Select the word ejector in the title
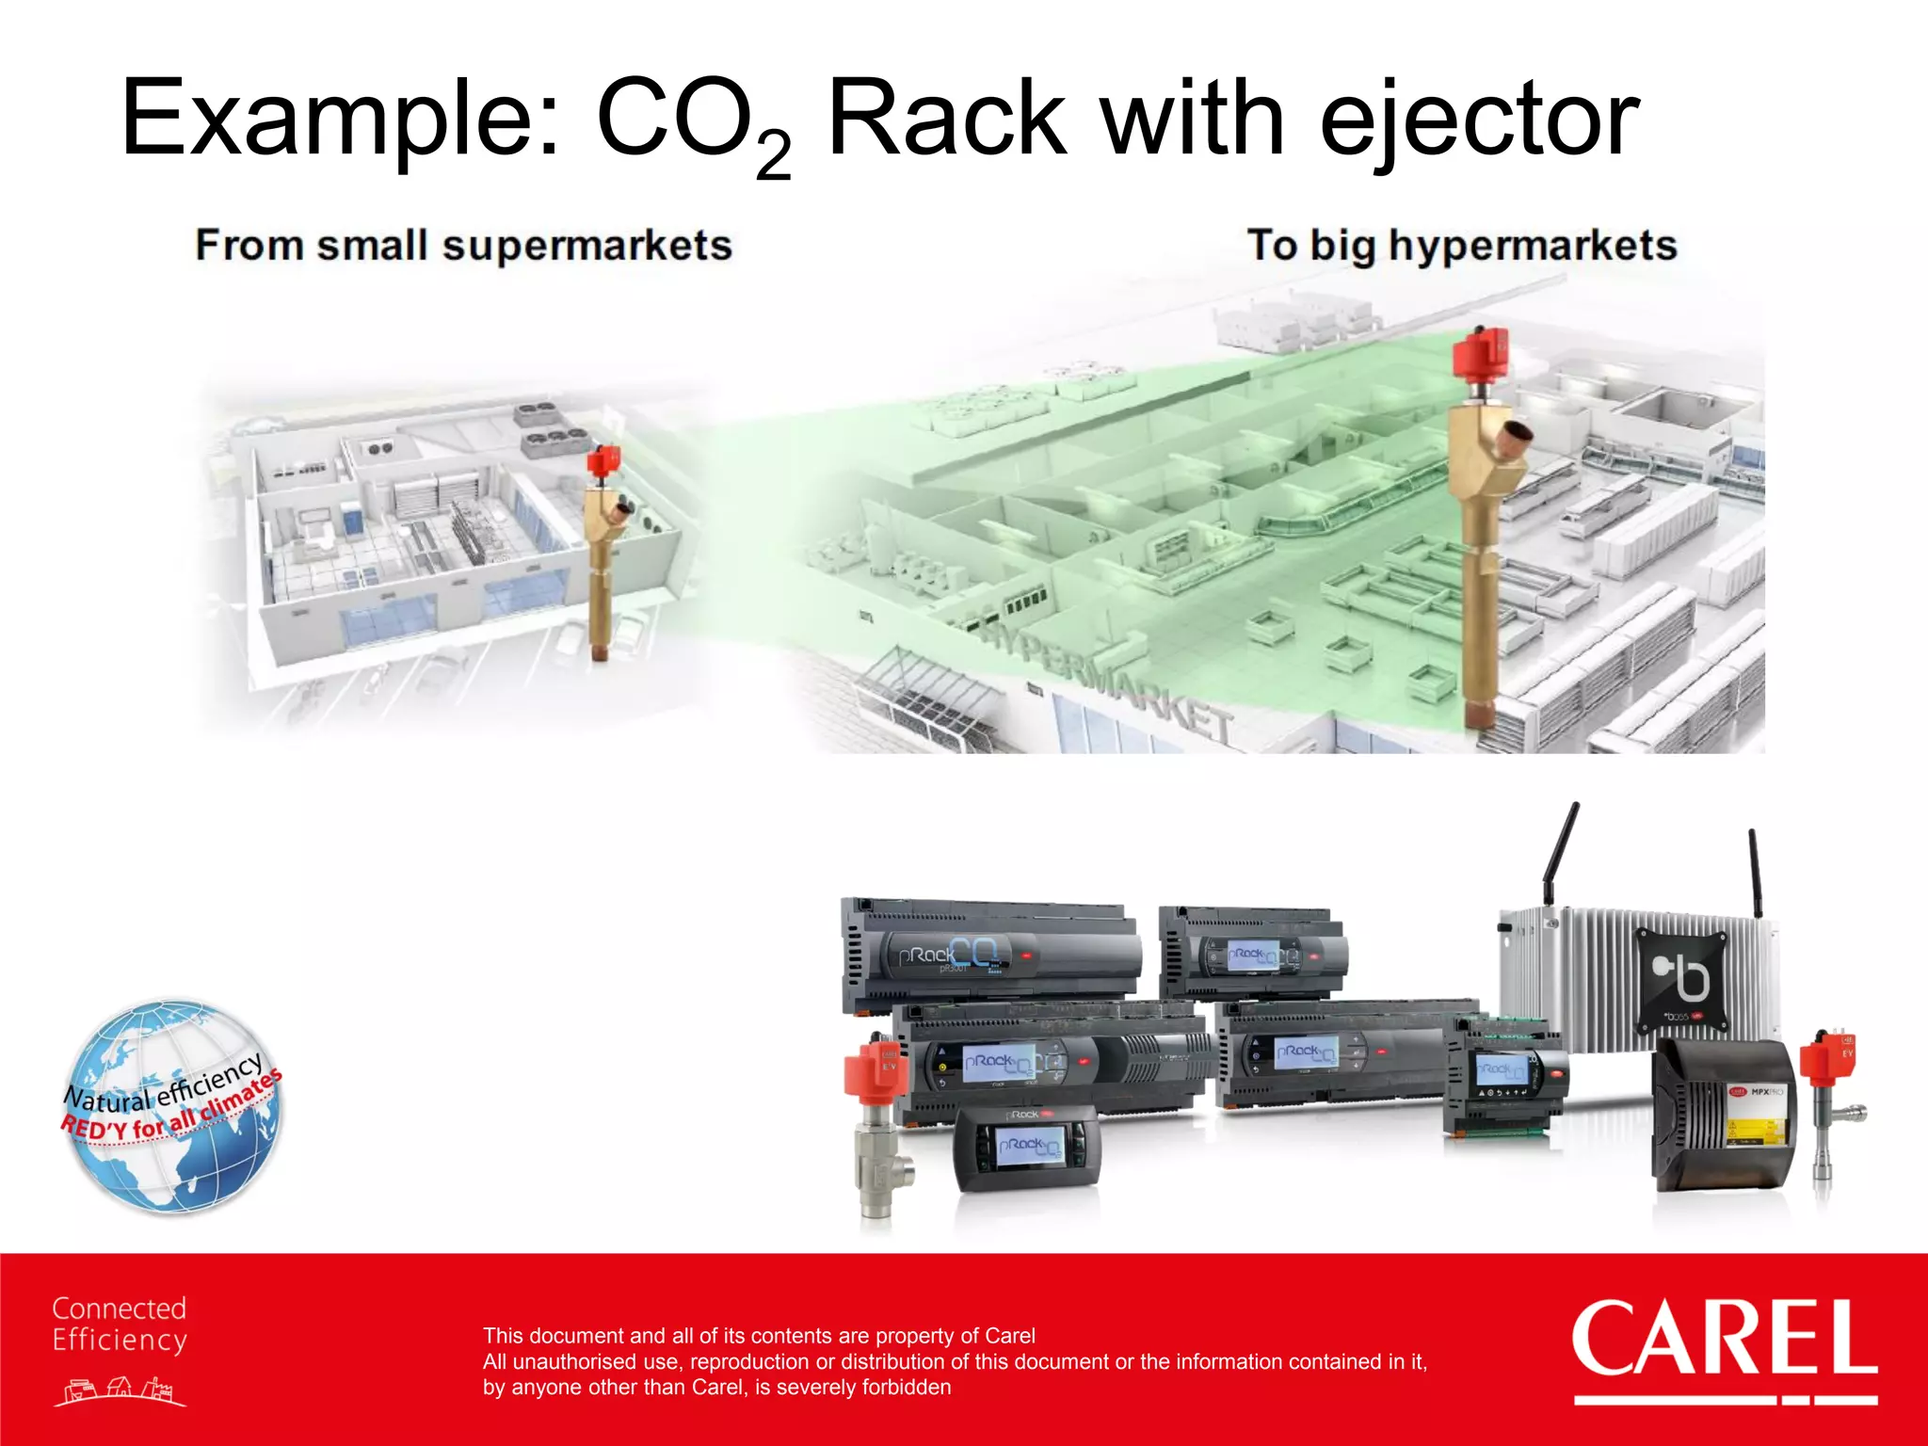coord(1479,120)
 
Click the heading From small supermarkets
coord(463,246)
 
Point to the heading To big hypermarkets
coord(1462,246)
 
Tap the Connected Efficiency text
coord(120,1324)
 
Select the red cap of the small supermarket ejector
coord(602,461)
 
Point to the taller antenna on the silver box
coord(1561,852)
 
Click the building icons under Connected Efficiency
coord(120,1390)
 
